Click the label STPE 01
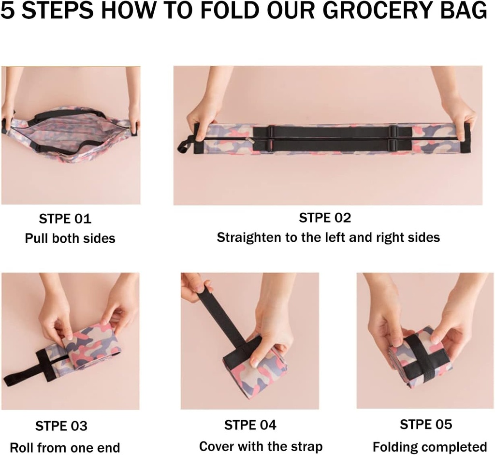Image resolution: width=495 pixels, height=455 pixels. coord(65,219)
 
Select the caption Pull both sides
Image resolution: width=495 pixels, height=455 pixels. coord(70,238)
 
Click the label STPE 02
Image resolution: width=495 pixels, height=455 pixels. coord(325,218)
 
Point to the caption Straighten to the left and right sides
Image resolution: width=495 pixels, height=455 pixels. coord(328,237)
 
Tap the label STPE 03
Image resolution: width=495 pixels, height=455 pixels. coord(61,426)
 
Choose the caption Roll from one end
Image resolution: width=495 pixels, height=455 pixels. coord(65,447)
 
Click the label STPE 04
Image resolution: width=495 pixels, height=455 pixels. coord(250,425)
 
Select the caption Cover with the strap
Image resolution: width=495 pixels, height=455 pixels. coord(261,446)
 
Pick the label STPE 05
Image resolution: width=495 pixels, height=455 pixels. coord(426,425)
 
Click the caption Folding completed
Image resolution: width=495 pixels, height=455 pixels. coord(429,446)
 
